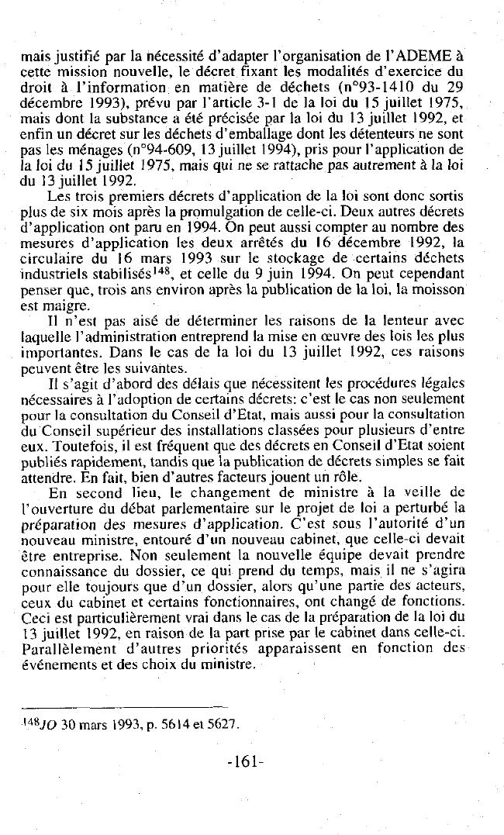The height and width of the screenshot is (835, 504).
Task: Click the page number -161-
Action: pos(246,761)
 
